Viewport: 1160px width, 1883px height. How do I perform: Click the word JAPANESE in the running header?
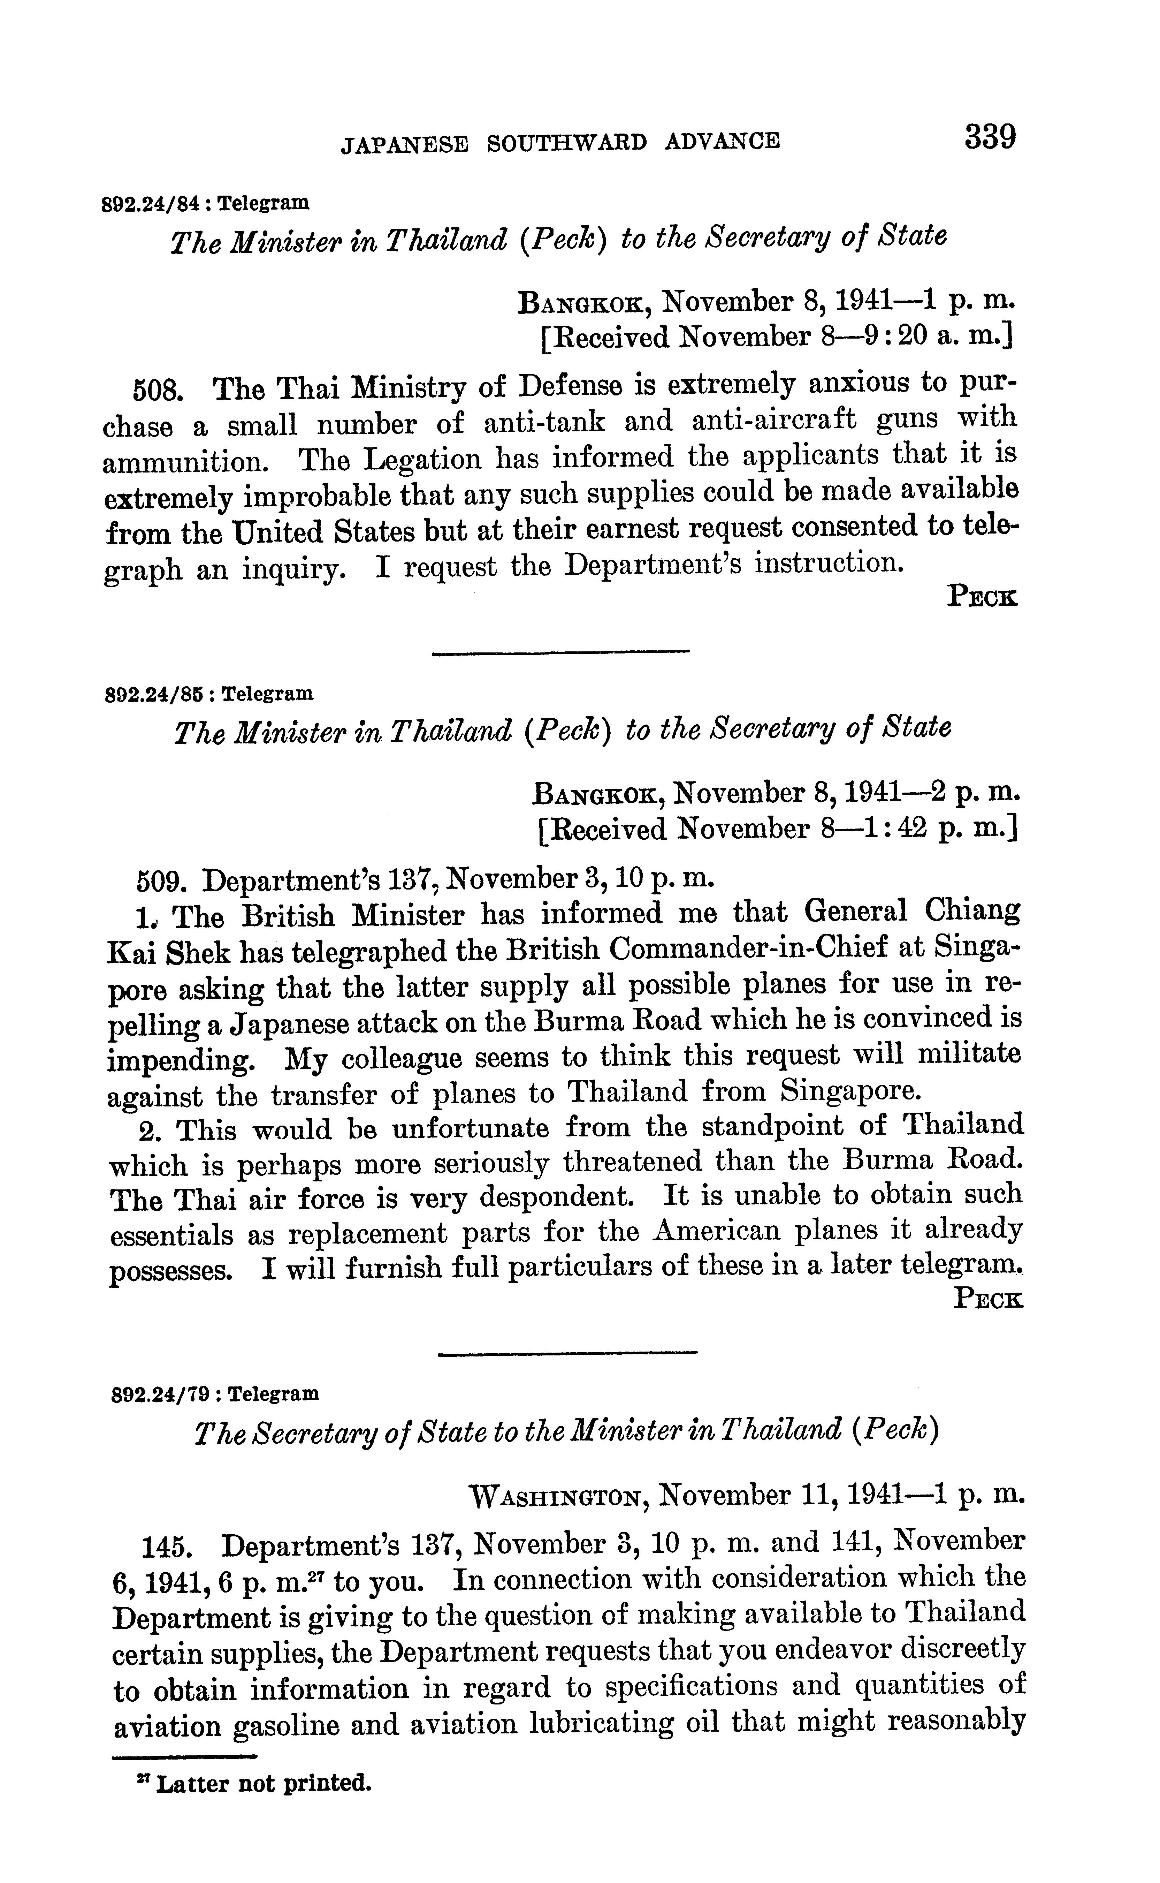point(404,143)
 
